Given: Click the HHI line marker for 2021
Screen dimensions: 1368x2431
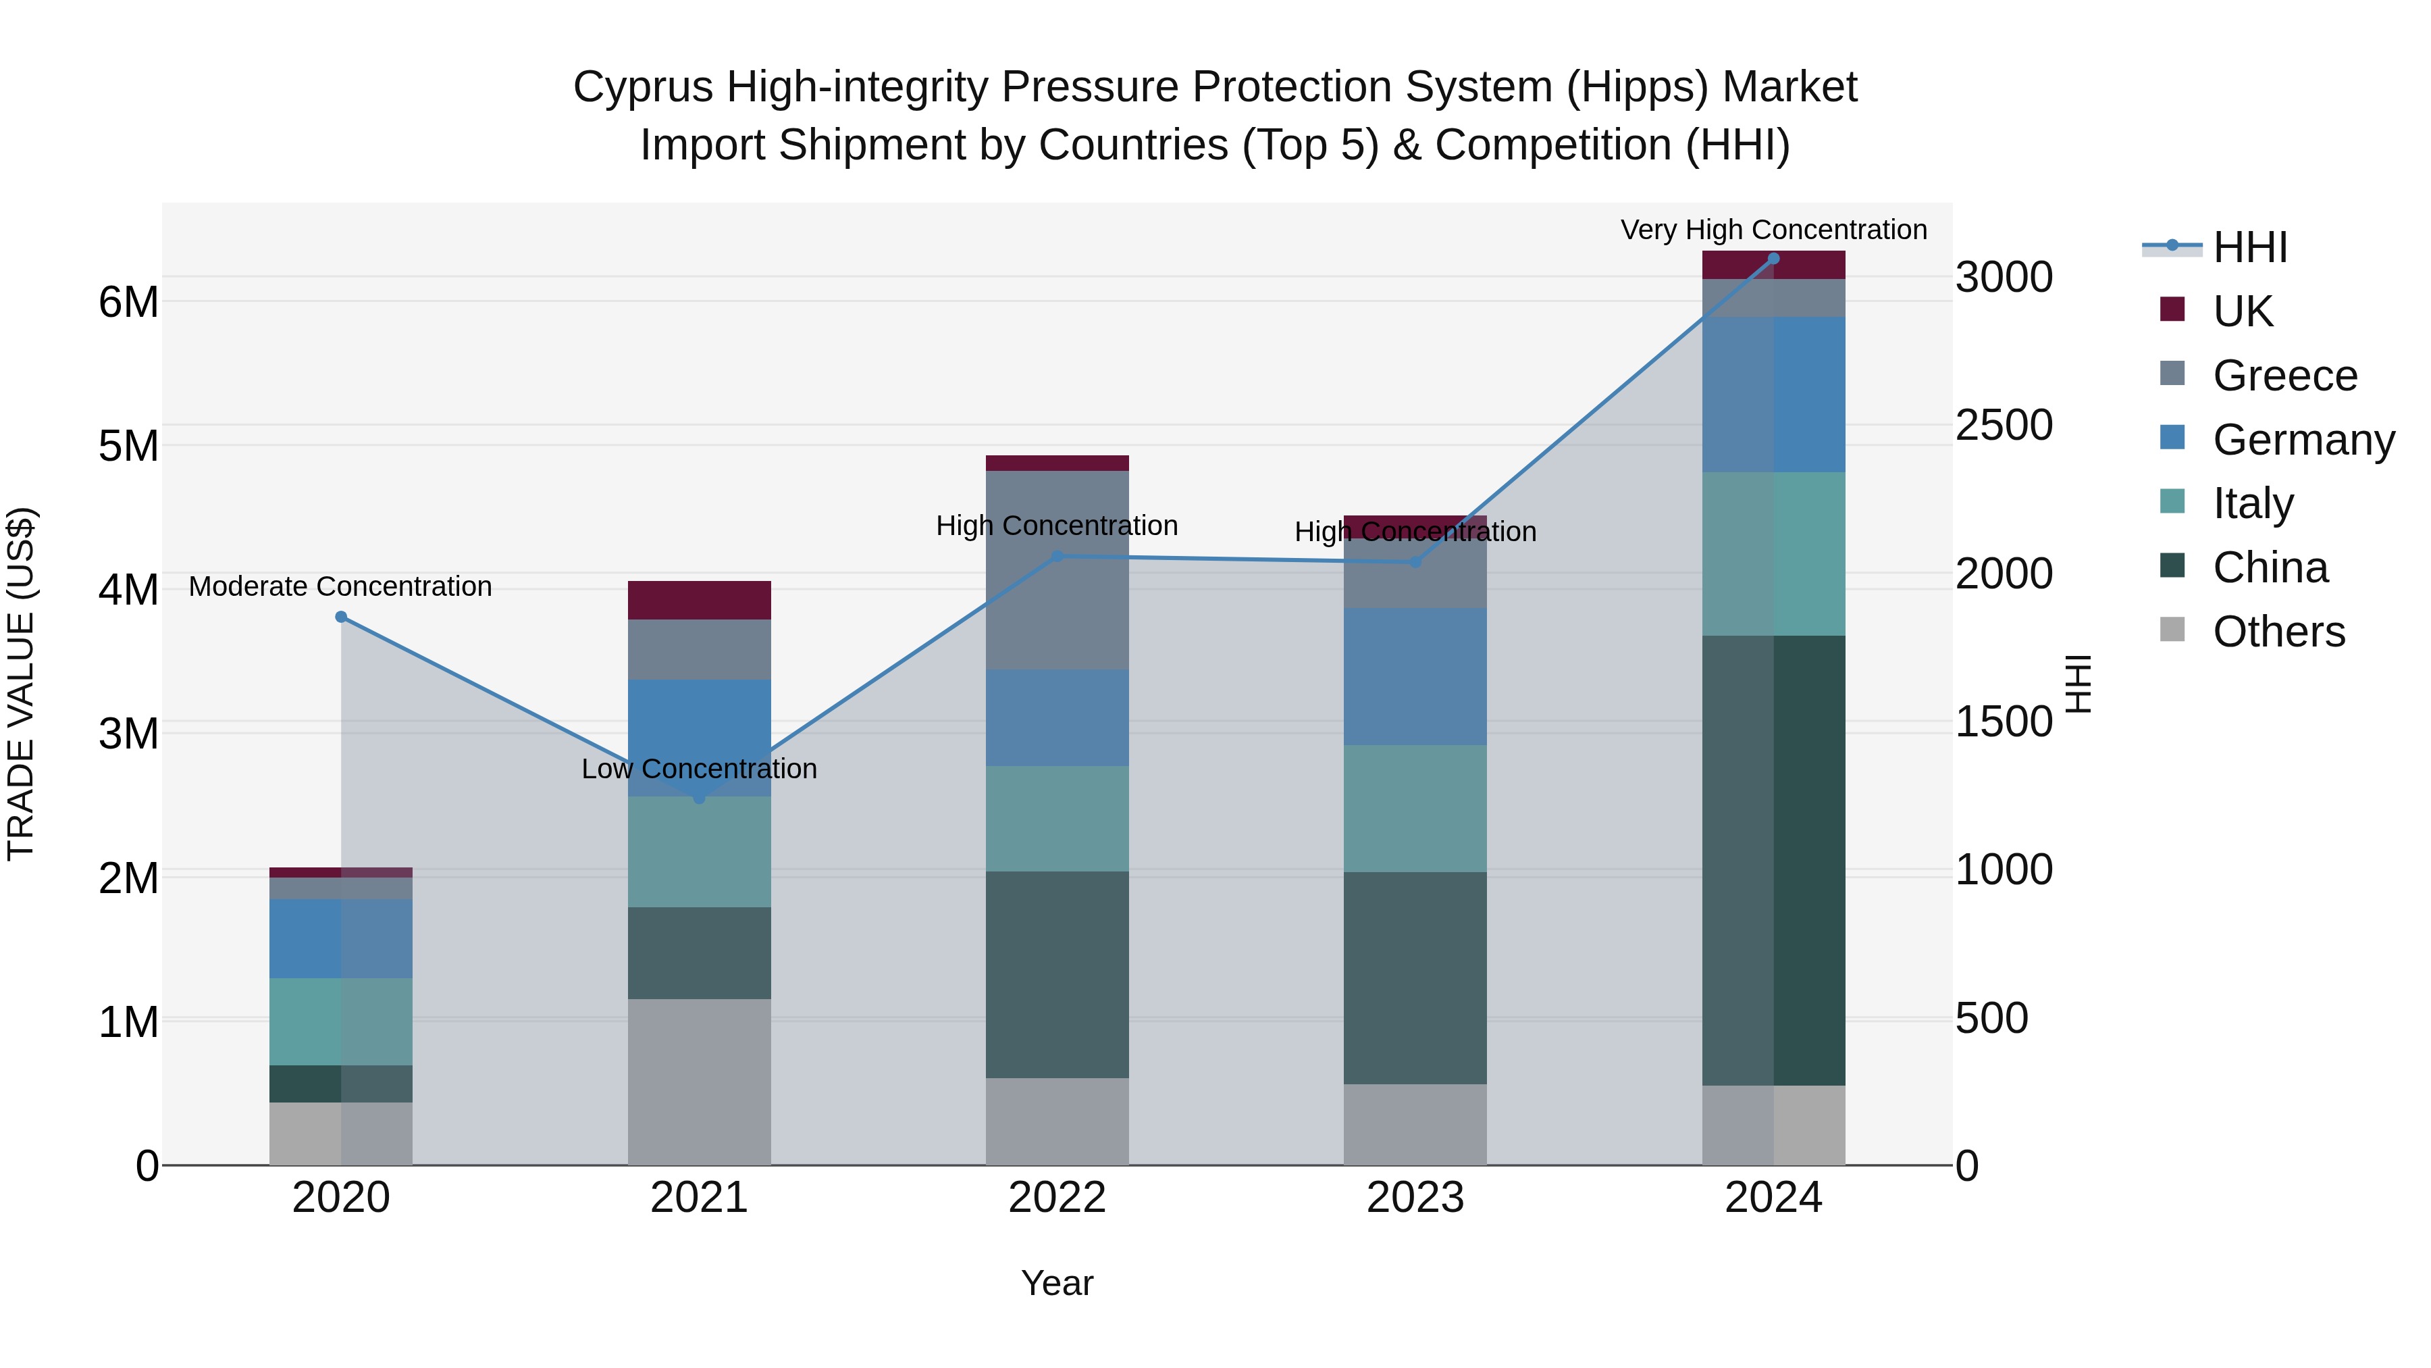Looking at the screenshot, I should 700,798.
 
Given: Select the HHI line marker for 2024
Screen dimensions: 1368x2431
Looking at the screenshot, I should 1773,259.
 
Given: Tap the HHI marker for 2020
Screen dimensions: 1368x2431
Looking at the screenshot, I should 342,617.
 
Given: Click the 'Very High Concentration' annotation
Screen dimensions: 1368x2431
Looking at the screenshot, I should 1773,230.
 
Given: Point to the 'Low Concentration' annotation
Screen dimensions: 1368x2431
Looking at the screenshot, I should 700,769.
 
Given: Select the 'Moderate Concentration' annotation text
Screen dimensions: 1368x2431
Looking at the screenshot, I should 341,586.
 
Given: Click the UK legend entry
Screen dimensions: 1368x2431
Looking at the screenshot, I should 2241,311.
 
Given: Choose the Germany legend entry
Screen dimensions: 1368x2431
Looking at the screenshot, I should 2303,439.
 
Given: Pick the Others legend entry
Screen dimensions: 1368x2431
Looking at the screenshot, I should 2278,632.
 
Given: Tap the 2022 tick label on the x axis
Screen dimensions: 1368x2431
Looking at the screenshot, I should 1057,1198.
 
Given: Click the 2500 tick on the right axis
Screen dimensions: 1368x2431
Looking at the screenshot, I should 2003,425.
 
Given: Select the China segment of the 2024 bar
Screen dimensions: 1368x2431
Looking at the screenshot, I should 1773,859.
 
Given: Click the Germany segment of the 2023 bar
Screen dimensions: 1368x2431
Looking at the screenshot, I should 1415,676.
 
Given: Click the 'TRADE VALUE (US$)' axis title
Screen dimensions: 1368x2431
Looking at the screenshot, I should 21,684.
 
